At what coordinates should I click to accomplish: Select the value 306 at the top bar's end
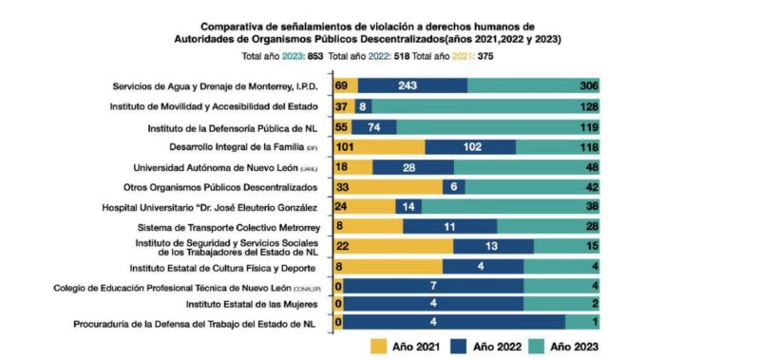click(x=588, y=86)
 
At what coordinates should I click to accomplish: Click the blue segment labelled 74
click(x=374, y=127)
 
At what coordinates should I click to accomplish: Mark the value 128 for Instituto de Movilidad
click(x=588, y=107)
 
